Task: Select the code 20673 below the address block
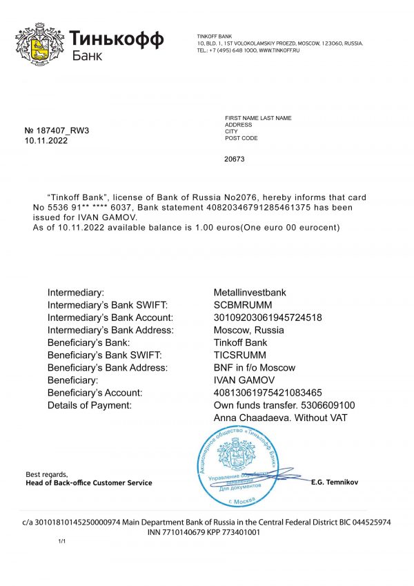(x=235, y=159)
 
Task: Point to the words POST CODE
(x=241, y=138)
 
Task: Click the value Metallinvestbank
(x=250, y=293)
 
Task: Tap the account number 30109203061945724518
(x=268, y=318)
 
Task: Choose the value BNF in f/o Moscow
(x=255, y=367)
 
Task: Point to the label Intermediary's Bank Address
(x=110, y=330)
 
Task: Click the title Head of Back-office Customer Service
(x=88, y=482)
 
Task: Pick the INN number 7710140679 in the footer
(x=190, y=533)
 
